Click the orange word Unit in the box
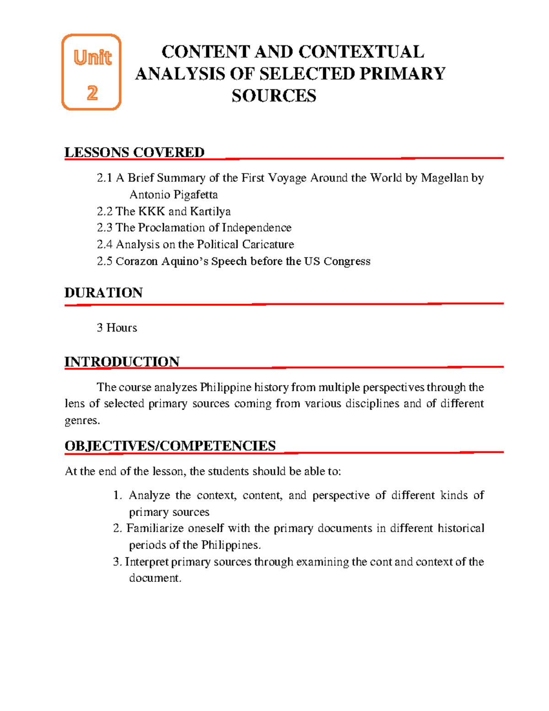[x=92, y=58]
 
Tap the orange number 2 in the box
[x=92, y=93]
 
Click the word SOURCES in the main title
[x=274, y=96]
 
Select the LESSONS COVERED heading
[x=134, y=152]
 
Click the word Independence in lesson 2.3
[x=256, y=228]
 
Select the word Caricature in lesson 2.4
[x=268, y=244]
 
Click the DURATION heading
[x=103, y=293]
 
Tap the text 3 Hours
[x=117, y=328]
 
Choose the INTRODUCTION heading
[x=122, y=362]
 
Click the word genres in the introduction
[x=81, y=421]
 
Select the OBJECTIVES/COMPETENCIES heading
[x=170, y=446]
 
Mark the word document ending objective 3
[x=154, y=578]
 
